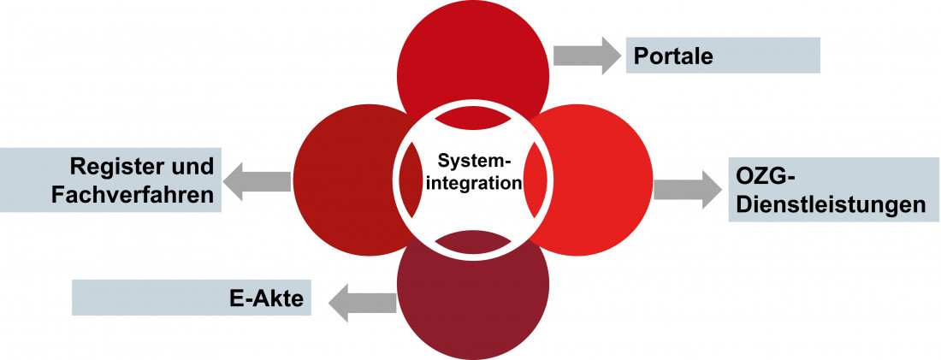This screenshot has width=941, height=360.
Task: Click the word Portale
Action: [x=673, y=56]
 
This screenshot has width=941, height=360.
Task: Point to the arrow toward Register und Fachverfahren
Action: [x=256, y=180]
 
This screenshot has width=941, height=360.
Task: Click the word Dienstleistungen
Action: [x=831, y=205]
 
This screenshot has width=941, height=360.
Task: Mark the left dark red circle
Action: [x=342, y=180]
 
